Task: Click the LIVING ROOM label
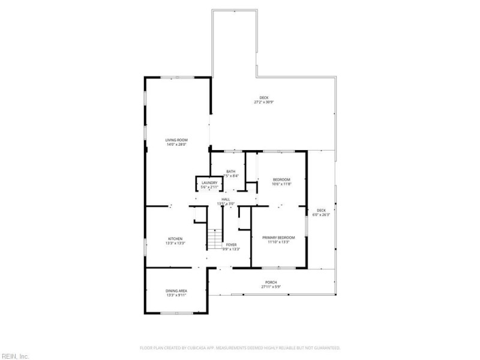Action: pos(176,140)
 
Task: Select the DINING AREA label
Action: pos(176,291)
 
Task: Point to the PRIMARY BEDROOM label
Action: pos(279,238)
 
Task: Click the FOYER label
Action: pos(231,244)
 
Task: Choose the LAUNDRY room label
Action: pos(209,183)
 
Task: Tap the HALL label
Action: pos(226,199)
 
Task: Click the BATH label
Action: pos(230,172)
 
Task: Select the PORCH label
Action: pos(271,283)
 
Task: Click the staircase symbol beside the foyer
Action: pos(215,240)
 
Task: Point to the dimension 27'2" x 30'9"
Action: pos(264,102)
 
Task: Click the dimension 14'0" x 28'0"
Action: pos(176,145)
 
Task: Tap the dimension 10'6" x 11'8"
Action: pos(281,184)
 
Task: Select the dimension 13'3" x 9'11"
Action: pos(176,295)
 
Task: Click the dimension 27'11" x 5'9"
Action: pos(271,287)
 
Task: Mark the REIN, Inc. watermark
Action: pos(15,356)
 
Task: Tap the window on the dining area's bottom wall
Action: pos(176,313)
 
